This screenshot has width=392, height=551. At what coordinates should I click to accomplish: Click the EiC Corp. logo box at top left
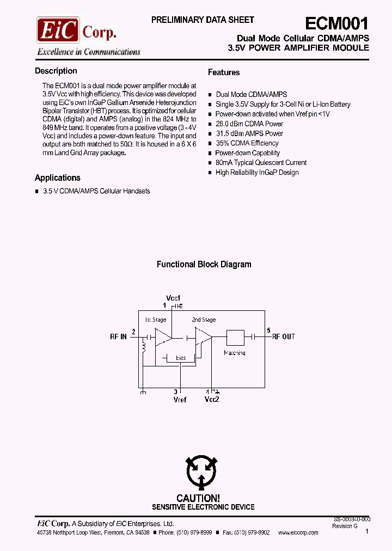click(58, 30)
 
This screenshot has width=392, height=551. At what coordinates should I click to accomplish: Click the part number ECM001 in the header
click(336, 23)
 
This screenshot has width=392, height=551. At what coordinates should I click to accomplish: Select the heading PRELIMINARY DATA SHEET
click(203, 20)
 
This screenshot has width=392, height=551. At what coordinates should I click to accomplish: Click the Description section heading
click(56, 71)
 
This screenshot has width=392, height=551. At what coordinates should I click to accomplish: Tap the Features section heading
click(224, 72)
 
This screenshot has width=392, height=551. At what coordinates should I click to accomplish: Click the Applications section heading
click(57, 178)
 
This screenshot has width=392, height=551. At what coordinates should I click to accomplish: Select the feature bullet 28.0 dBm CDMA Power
click(249, 124)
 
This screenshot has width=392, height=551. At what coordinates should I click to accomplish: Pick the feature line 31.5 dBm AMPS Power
click(249, 133)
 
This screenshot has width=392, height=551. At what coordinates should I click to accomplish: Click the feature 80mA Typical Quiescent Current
click(261, 163)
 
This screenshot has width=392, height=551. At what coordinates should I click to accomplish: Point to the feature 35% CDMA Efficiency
click(247, 143)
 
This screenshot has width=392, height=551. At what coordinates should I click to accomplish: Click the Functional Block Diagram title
click(204, 265)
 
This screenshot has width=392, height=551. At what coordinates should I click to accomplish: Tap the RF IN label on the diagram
click(118, 337)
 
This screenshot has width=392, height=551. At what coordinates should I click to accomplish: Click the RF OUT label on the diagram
click(284, 337)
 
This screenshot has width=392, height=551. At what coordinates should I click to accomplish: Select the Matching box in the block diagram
click(235, 338)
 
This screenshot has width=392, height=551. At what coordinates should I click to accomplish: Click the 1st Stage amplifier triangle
click(162, 338)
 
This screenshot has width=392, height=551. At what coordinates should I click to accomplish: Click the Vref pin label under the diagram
click(180, 400)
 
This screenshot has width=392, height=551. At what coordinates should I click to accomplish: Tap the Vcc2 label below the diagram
click(212, 400)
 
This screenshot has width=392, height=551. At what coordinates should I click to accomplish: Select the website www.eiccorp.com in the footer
click(298, 532)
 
